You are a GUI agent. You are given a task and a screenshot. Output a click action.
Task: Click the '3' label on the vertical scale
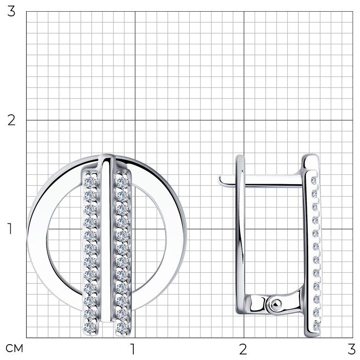pyautogui.click(x=11, y=12)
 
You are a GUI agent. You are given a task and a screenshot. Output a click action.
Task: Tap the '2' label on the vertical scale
pyautogui.click(x=11, y=120)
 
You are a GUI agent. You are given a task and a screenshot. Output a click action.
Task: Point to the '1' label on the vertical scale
pyautogui.click(x=10, y=228)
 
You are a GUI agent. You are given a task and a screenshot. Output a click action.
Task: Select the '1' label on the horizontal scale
pyautogui.click(x=133, y=349)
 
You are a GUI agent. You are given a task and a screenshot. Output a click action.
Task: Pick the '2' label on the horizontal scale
pyautogui.click(x=243, y=349)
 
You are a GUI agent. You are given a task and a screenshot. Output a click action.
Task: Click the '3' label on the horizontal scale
pyautogui.click(x=352, y=349)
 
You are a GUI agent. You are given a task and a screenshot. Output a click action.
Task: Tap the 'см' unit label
pyautogui.click(x=14, y=348)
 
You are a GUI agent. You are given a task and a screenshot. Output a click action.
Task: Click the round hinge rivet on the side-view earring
pyautogui.click(x=276, y=305)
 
